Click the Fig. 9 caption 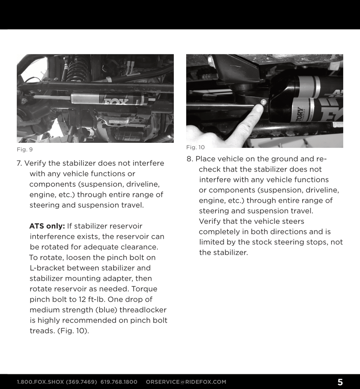pos(25,150)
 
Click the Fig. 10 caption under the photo pos(195,147)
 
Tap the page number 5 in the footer pos(340,382)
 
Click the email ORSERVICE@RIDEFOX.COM pos(186,382)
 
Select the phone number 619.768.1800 pos(119,382)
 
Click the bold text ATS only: pos(47,226)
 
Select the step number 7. pos(19,163)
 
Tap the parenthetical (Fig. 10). pos(73,330)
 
